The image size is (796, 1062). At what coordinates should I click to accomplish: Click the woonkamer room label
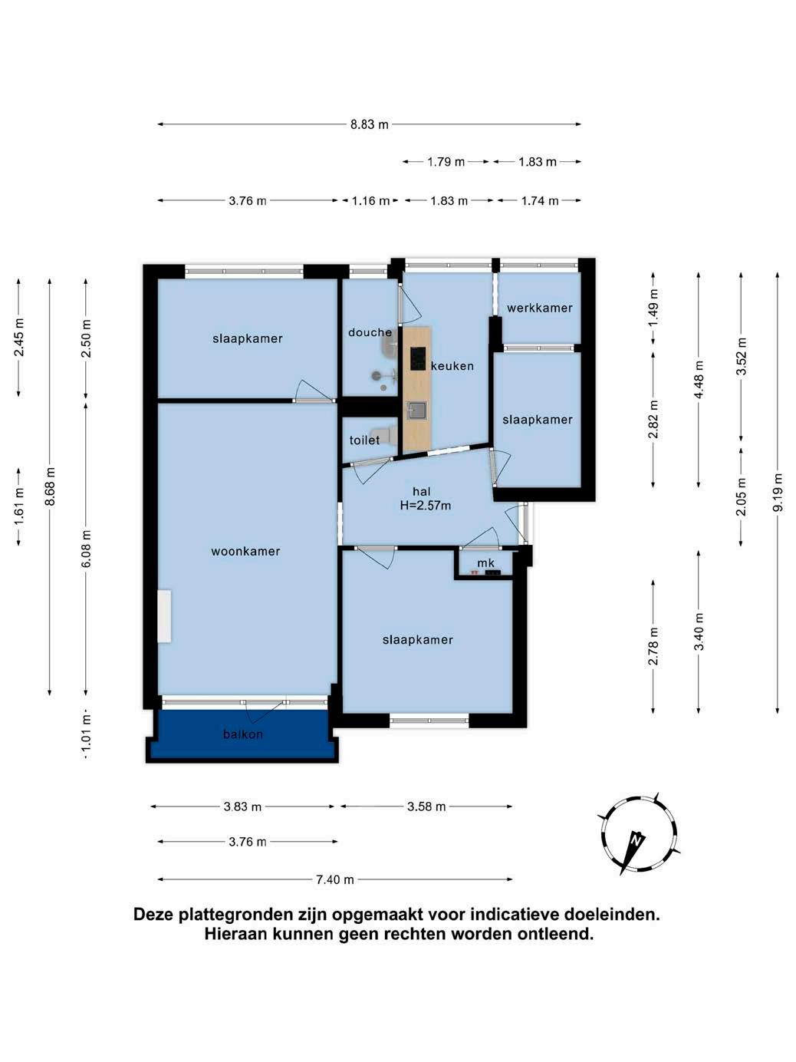[245, 551]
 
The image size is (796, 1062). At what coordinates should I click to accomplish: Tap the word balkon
[243, 734]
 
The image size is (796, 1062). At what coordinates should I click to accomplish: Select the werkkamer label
[539, 308]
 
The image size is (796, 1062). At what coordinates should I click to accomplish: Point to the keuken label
[452, 366]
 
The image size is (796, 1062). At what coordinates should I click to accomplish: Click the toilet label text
[364, 440]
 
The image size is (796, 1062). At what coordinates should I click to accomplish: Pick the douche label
[370, 332]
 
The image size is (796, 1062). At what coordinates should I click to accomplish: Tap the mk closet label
[485, 562]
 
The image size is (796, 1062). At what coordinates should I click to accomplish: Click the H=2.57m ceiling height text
[426, 506]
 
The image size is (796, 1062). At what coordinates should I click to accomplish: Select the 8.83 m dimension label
[370, 124]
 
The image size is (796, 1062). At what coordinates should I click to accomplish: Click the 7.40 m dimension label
[335, 879]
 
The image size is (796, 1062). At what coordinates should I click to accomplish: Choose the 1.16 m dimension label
[370, 200]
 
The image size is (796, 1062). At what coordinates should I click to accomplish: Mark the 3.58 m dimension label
[426, 806]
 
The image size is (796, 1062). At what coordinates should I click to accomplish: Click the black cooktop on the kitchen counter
[418, 358]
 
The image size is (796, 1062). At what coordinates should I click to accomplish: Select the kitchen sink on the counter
[416, 411]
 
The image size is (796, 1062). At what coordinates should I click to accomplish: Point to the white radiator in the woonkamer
[164, 616]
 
